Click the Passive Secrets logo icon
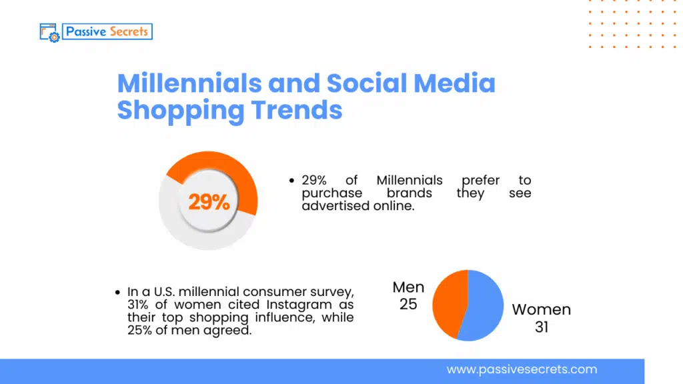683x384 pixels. tap(50, 33)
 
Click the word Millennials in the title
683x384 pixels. tap(189, 83)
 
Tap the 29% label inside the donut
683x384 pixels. tap(208, 202)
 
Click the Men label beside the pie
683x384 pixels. tap(408, 287)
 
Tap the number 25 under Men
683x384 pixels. tap(408, 304)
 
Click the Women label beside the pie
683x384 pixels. tap(541, 310)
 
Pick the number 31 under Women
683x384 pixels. tap(541, 327)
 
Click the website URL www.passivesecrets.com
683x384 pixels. tap(522, 369)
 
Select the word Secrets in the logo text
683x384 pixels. tap(125, 31)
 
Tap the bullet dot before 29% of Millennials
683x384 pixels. tap(291, 181)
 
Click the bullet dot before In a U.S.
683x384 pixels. tap(117, 292)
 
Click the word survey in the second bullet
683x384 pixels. tap(329, 291)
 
